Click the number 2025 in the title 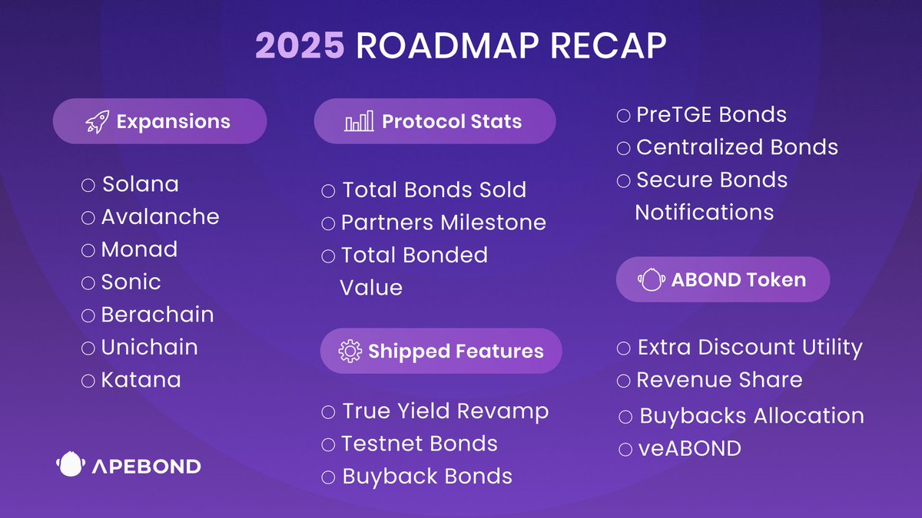tap(300, 45)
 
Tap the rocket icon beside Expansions tap(97, 122)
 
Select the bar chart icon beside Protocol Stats tap(359, 121)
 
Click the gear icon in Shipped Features tap(350, 351)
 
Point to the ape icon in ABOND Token tap(652, 279)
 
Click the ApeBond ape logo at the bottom tap(71, 464)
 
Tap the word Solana tap(141, 184)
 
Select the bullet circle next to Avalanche tap(88, 217)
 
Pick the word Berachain tap(158, 315)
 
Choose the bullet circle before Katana tap(88, 381)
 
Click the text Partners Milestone tap(444, 223)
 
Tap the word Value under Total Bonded tap(371, 288)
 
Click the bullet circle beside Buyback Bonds tap(328, 477)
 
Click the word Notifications tap(705, 213)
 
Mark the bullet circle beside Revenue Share tap(624, 381)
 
